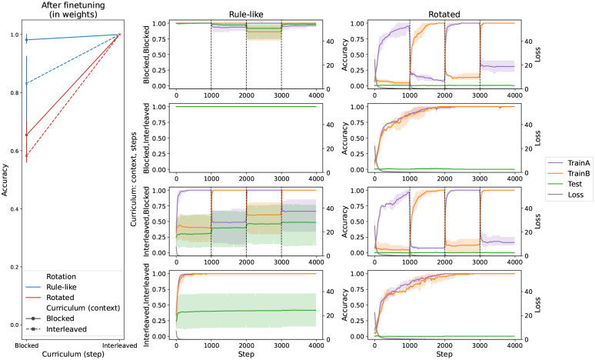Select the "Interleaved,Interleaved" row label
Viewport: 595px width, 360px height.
[145, 304]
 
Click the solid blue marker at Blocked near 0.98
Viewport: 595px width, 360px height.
[27, 39]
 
